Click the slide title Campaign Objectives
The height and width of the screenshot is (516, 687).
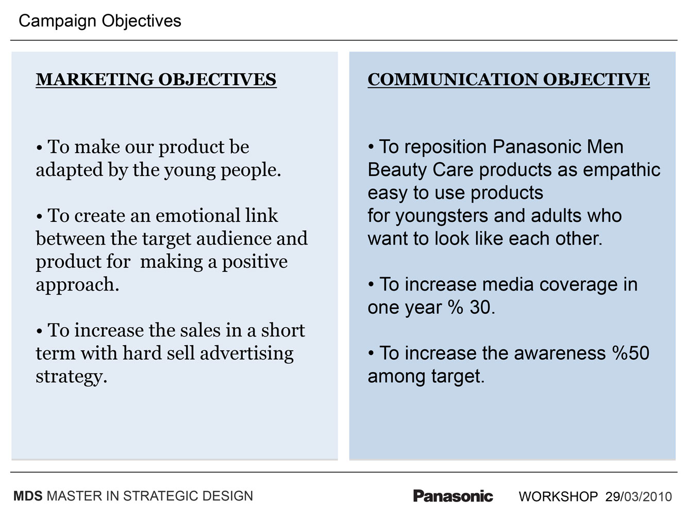100,21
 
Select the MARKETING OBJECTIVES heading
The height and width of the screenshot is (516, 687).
156,79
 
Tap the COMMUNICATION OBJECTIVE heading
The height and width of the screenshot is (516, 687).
509,79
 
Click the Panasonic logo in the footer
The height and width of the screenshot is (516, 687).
453,496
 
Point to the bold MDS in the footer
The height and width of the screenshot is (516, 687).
28,496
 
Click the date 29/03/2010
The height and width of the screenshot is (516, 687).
639,496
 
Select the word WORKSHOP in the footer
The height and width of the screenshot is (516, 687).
558,496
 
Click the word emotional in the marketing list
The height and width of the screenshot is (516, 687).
198,216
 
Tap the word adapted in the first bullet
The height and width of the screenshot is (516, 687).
70,171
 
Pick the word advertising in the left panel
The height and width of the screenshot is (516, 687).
247,354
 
